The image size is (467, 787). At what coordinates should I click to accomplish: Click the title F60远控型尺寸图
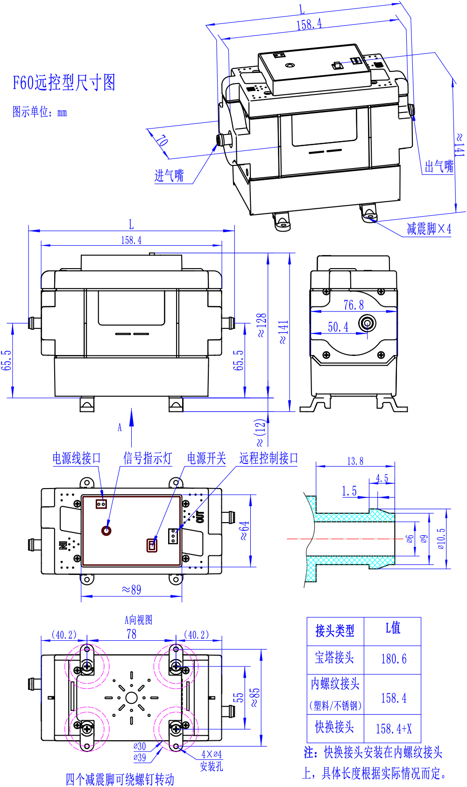[x=64, y=83]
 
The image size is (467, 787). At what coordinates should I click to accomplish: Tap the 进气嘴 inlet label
[x=169, y=176]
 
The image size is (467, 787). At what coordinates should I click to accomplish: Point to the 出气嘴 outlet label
[x=439, y=166]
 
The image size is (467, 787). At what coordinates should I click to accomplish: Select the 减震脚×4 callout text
[x=429, y=229]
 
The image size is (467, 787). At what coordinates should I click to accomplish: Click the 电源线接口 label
[x=77, y=458]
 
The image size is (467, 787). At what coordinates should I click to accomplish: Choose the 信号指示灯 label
[x=147, y=458]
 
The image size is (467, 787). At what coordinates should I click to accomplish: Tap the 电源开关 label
[x=206, y=458]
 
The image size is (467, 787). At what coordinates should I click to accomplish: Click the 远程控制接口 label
[x=269, y=458]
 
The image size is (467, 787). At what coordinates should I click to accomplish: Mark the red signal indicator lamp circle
[x=106, y=530]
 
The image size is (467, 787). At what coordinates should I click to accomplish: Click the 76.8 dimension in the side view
[x=354, y=305]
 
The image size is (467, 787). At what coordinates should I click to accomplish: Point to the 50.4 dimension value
[x=338, y=327]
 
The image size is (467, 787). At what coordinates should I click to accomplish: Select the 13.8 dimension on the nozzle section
[x=355, y=461]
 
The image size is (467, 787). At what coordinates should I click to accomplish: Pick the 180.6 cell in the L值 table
[x=394, y=659]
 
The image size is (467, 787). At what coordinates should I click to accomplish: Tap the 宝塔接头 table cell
[x=334, y=658]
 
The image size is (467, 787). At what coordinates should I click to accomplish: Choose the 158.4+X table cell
[x=394, y=729]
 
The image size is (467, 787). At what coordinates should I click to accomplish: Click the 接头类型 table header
[x=335, y=631]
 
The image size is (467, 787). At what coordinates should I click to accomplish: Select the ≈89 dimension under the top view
[x=131, y=589]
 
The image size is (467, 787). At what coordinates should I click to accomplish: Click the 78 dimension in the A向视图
[x=132, y=634]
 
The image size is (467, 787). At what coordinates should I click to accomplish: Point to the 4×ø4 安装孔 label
[x=212, y=760]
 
